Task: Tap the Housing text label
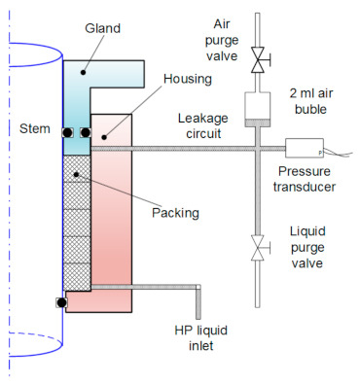[x=186, y=78]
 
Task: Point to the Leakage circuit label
[x=204, y=125]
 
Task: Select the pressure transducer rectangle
[x=305, y=149]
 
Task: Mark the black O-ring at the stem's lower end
[x=60, y=303]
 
